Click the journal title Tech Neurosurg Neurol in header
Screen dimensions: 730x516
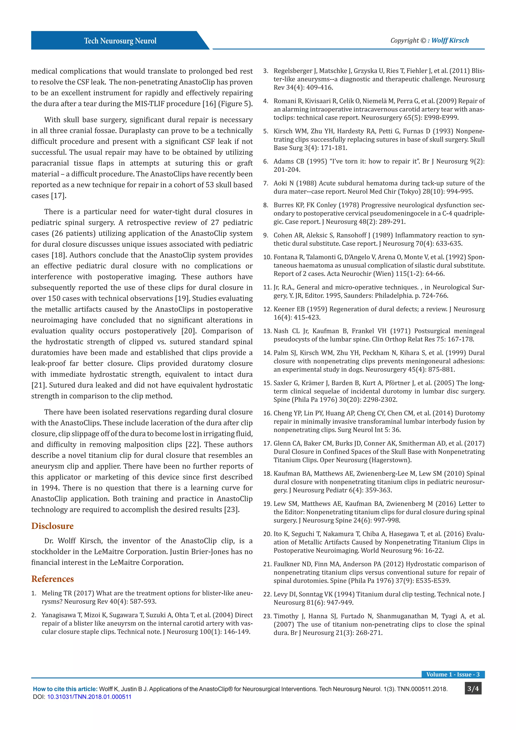[x=120, y=41]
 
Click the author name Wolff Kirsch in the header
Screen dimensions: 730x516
[x=450, y=40]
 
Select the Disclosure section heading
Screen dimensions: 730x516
[x=52, y=526]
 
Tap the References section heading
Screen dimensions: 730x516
[x=52, y=579]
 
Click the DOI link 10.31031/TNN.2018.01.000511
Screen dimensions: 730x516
[x=89, y=697]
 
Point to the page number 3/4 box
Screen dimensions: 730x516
[x=473, y=689]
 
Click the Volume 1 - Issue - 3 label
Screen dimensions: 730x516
[x=453, y=674]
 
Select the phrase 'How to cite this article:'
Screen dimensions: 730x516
[x=65, y=689]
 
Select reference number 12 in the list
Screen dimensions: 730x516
[x=267, y=309]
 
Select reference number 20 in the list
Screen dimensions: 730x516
[x=267, y=534]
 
